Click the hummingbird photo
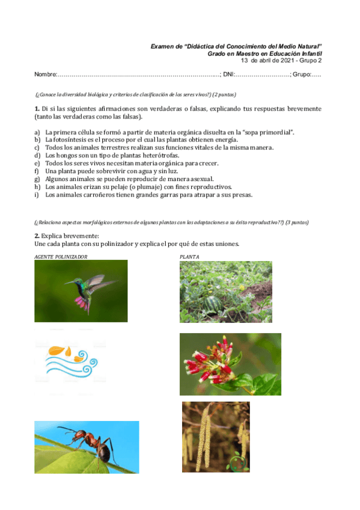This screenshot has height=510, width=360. pos(81,290)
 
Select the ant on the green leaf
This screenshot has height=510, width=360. pos(86,446)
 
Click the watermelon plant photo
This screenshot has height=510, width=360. pos(225,291)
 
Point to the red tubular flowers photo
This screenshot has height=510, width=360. pos(230,364)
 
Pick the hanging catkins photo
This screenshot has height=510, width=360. pos(216,437)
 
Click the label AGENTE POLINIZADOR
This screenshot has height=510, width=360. pos(61,257)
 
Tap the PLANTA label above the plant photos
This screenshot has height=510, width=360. pos(189,257)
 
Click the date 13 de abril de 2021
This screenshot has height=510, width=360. pos(268,60)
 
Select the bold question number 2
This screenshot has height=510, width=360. pos(37,236)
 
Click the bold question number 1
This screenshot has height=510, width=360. pos(37,109)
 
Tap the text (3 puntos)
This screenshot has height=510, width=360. pos(297,222)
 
